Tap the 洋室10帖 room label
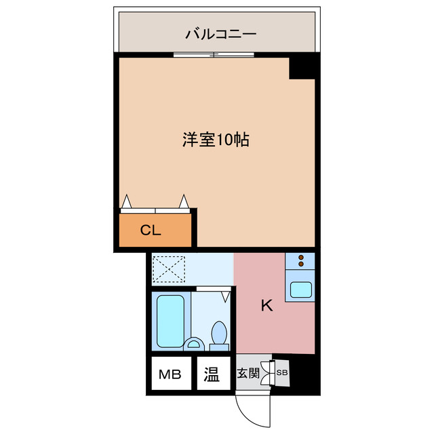(x=214, y=140)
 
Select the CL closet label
(x=150, y=230)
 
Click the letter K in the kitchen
(x=267, y=306)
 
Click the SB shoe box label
(x=281, y=372)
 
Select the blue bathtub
(x=170, y=321)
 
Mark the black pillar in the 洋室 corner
(x=302, y=68)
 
